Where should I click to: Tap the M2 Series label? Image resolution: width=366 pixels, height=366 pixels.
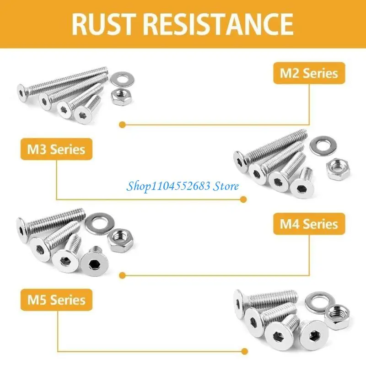(309, 73)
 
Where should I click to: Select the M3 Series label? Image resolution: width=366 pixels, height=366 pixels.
(56, 149)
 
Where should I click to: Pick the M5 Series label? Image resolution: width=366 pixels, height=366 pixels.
(56, 300)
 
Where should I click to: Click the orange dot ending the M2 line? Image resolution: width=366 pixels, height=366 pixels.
(122, 124)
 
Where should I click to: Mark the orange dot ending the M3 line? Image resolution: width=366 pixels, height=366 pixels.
(243, 199)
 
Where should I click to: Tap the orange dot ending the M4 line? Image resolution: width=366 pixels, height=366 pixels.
(122, 275)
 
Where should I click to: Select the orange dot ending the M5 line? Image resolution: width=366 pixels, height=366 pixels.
(243, 351)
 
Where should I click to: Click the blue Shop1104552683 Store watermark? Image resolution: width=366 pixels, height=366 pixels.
(183, 186)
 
